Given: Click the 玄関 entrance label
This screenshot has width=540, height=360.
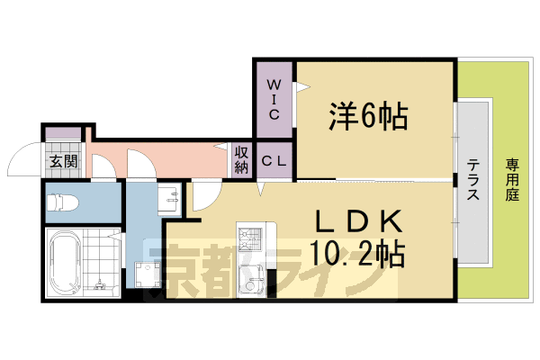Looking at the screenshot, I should pos(63,162).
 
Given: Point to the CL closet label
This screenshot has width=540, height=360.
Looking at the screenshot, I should pos(274,162).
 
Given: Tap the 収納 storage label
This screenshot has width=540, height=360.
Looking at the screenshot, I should pos(242,160).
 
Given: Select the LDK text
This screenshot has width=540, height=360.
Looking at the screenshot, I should pos(357,221).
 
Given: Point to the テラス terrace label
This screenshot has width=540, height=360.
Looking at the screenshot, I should pos(473,180).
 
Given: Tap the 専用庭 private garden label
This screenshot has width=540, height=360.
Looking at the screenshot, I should pos(512,180).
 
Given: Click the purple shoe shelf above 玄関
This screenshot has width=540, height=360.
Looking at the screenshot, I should pos(62,132).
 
